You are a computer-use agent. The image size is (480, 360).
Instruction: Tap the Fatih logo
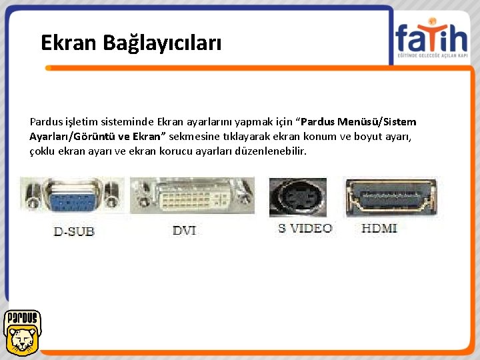click(x=431, y=39)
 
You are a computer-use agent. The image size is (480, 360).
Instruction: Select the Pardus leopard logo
click(x=21, y=332)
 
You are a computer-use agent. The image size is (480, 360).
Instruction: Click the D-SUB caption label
click(x=74, y=231)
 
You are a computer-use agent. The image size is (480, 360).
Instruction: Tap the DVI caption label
click(x=184, y=230)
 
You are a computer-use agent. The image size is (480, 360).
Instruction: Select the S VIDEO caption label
click(x=305, y=228)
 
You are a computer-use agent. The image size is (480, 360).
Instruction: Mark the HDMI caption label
click(x=379, y=228)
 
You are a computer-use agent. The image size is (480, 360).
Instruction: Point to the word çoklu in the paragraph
click(x=42, y=151)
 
